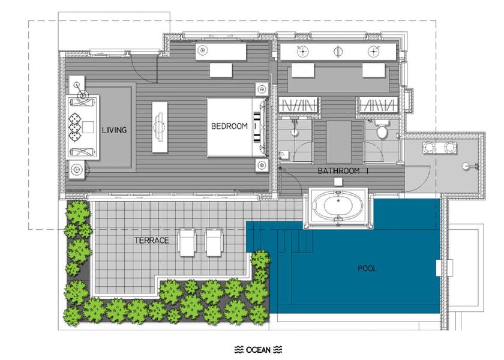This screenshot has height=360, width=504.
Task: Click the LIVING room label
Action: click(x=114, y=130)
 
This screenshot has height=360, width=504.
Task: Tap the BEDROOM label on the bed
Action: click(x=229, y=126)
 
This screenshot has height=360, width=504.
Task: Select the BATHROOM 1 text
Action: click(x=343, y=171)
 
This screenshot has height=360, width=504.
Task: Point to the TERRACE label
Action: click(x=151, y=240)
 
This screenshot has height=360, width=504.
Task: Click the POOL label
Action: click(x=367, y=268)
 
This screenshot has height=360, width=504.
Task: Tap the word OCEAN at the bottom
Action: click(x=258, y=349)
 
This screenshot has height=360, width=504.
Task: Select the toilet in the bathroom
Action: click(x=382, y=130)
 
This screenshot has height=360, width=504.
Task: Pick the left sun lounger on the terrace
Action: click(x=187, y=242)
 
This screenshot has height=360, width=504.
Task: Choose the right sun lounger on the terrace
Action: click(x=214, y=242)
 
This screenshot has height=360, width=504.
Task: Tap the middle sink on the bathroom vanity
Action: click(x=338, y=51)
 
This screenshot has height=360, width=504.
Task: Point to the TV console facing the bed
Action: click(x=160, y=127)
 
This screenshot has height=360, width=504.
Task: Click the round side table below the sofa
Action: click(x=77, y=169)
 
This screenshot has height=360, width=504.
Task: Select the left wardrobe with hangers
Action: click(x=299, y=105)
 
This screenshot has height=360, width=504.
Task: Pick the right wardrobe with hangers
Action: click(x=378, y=105)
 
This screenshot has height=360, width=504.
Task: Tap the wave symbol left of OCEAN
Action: click(x=239, y=349)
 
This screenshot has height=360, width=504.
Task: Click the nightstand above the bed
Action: click(x=262, y=89)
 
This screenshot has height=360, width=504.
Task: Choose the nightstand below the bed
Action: click(x=262, y=165)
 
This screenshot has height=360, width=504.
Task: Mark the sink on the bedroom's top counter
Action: click(x=202, y=50)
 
